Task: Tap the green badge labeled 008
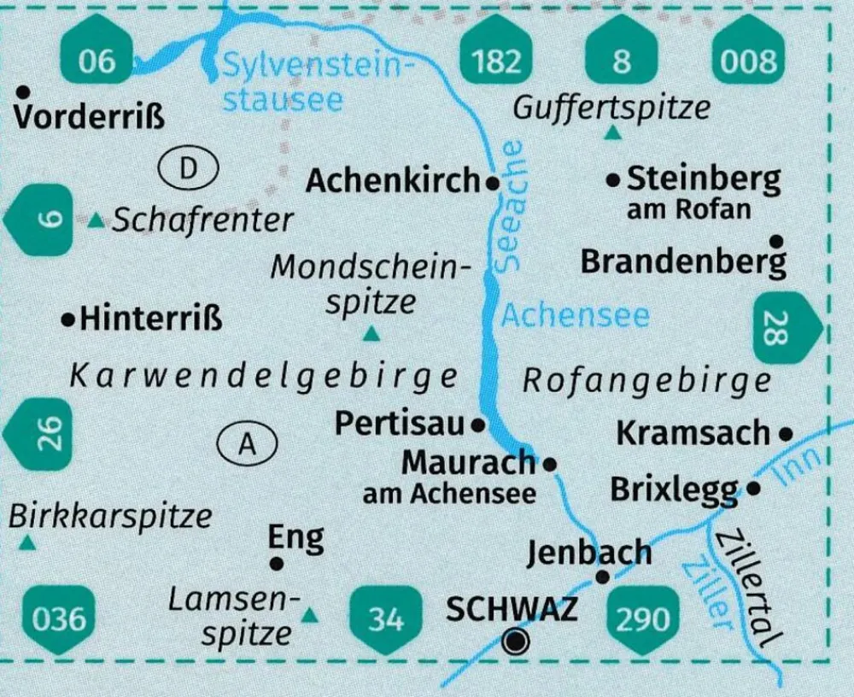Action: coord(746,61)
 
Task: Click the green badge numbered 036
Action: coord(58,617)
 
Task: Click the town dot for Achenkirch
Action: coord(492,182)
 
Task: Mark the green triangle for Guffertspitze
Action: coord(612,133)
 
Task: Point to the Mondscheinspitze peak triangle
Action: coord(371,335)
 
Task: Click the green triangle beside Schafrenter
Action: coord(97,221)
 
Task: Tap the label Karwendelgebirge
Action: coord(262,377)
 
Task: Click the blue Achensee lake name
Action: coord(575,316)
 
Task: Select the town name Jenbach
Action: coord(588,553)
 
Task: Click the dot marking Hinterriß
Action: coord(67,319)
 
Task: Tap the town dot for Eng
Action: coord(276,564)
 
